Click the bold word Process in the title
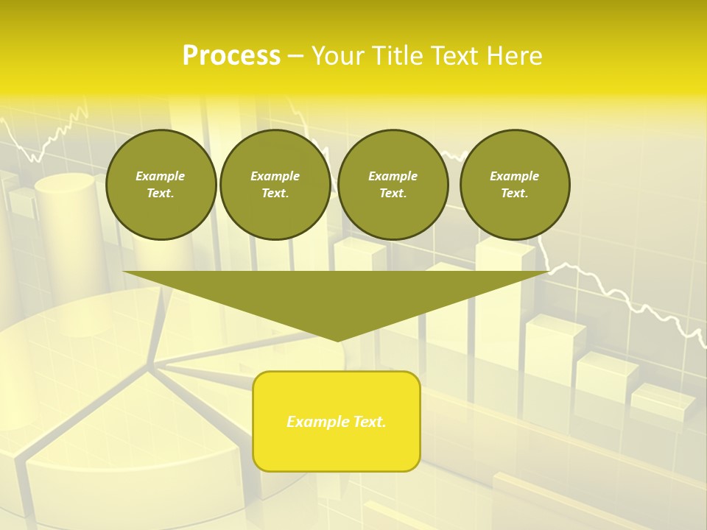(231, 56)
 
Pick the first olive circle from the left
(161, 184)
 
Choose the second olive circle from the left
(275, 184)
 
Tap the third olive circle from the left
(393, 184)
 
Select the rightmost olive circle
(515, 184)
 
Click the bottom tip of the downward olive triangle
(337, 339)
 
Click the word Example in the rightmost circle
(515, 176)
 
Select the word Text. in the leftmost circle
(161, 193)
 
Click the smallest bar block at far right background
(662, 401)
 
